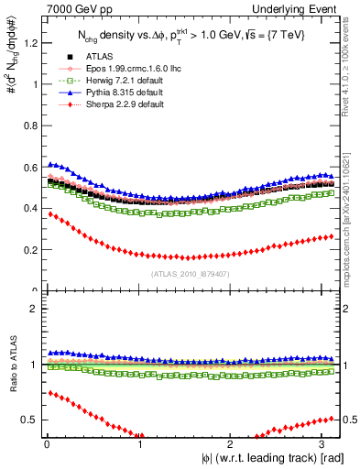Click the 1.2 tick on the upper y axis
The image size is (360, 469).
27,42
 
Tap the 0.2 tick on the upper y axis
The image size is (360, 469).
27,249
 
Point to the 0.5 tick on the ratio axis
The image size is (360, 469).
27,420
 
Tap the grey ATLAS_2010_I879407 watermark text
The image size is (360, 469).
190,272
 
